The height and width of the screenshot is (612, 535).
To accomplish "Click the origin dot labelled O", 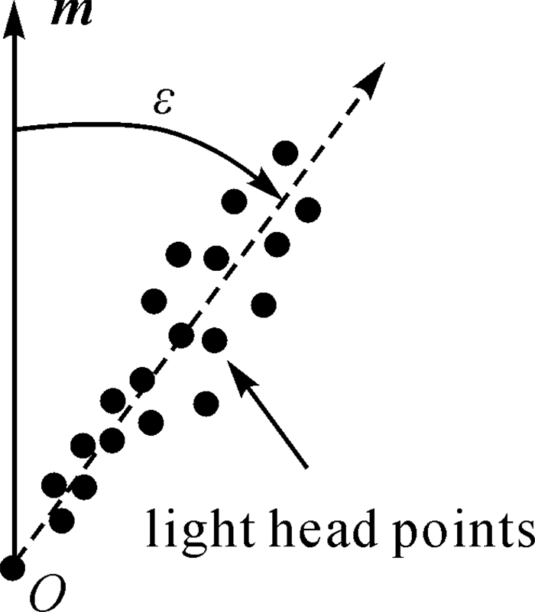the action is click(x=13, y=566).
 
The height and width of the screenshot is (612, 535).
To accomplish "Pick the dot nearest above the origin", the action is click(x=62, y=520).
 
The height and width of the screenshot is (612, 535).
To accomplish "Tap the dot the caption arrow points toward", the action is click(x=215, y=339).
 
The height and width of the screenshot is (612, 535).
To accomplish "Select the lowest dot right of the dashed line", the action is click(x=204, y=401).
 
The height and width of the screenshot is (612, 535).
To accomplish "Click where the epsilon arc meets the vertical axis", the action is click(x=16, y=129).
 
